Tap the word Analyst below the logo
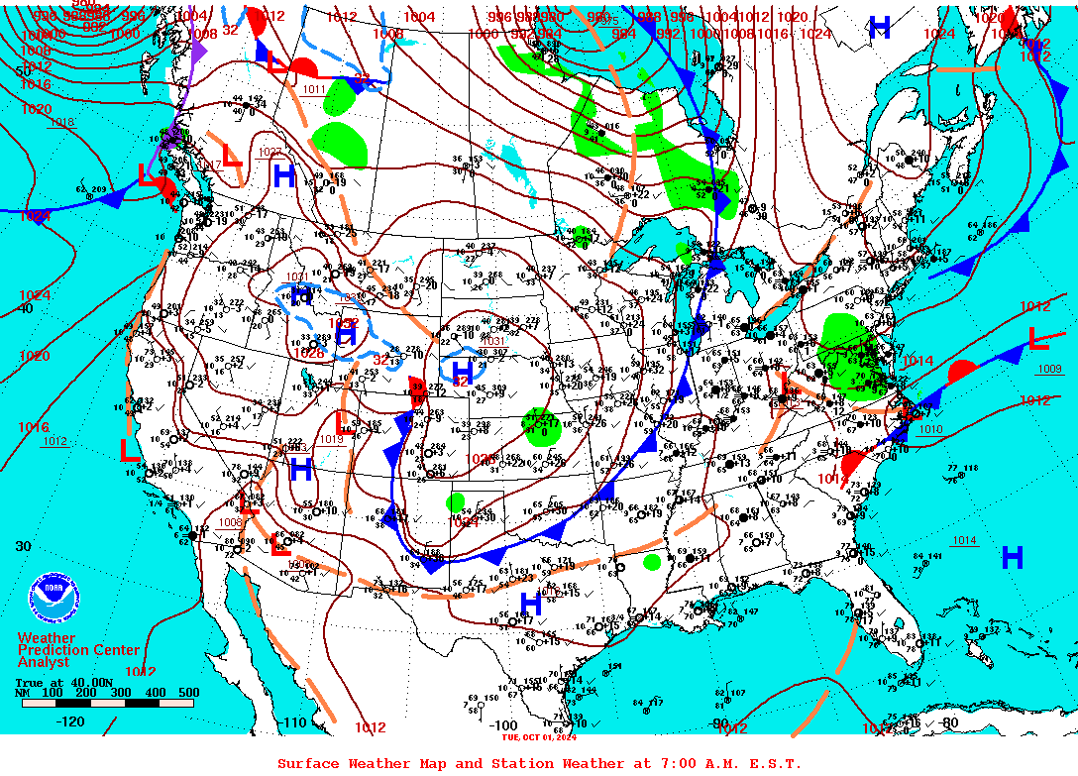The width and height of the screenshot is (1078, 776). point(44,662)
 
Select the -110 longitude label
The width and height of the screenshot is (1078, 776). point(294,722)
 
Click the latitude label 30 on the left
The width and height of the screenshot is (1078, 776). point(23,546)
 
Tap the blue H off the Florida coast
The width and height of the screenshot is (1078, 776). point(1012,557)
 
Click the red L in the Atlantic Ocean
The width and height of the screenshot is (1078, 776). point(1037,339)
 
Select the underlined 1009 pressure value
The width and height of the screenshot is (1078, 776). point(1049,370)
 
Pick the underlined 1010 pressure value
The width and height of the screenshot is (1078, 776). point(930,429)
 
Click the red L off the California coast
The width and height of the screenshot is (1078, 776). point(129,450)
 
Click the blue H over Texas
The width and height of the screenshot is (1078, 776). point(531,602)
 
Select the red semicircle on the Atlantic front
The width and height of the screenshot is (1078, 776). point(961,372)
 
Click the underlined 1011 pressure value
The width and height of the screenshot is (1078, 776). point(314,89)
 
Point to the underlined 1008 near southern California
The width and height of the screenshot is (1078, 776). point(230,522)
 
